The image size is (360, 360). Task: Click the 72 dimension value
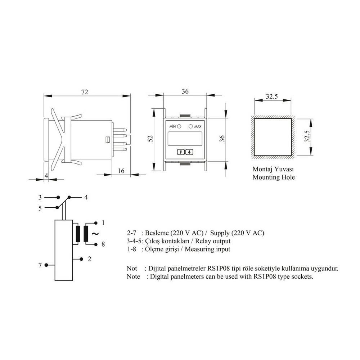pyautogui.click(x=85, y=92)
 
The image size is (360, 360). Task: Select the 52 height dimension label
pyautogui.click(x=150, y=139)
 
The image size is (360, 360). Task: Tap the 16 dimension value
pyautogui.click(x=121, y=171)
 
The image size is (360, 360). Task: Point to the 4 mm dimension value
pyautogui.click(x=46, y=176)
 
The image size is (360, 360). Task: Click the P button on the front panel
pyautogui.click(x=181, y=152)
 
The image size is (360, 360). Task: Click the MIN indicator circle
pyautogui.click(x=179, y=126)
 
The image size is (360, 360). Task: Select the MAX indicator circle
pyautogui.click(x=190, y=126)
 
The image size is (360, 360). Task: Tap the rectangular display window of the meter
pyautogui.click(x=185, y=139)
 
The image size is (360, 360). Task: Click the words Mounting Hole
pyautogui.click(x=274, y=177)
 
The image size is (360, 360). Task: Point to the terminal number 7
pyautogui.click(x=40, y=265)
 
